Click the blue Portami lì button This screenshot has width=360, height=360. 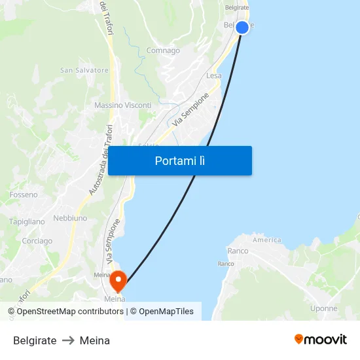pos(180,160)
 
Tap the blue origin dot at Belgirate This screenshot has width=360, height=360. pos(242,27)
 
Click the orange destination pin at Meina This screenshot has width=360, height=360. pos(118,281)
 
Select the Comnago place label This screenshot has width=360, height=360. pos(163,50)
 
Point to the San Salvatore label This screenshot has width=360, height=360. pos(84,70)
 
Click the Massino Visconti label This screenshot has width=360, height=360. pos(122,105)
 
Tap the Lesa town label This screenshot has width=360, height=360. pos(213,75)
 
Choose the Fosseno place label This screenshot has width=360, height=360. pos(24,194)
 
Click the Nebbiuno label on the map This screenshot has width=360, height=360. pos(70,217)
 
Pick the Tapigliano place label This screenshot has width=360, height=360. pos(27,222)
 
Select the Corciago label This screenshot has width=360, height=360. pos(37,241)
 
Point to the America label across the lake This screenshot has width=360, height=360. pos(267,240)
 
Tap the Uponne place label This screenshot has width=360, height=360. pos(324,308)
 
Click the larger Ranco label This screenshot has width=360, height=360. pos(238,251)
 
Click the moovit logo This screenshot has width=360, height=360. pos(321,340)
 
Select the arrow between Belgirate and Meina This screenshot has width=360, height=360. pos(68,340)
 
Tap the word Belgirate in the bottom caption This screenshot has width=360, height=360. pos(35,340)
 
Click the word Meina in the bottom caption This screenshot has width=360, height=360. pos(95,340)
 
